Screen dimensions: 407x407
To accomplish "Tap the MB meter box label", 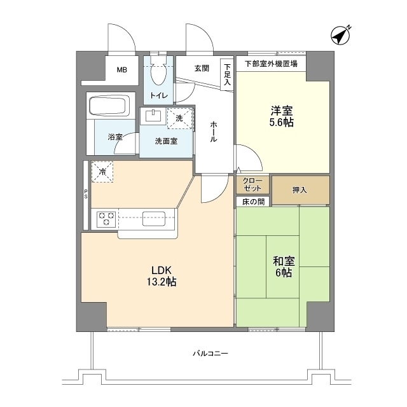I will click(120, 71).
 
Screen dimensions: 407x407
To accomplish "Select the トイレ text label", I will click(158, 96).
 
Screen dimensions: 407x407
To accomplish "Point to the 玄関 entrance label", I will click(202, 68).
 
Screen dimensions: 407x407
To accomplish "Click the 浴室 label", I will click(114, 137).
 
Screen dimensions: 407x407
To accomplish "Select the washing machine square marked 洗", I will click(179, 118).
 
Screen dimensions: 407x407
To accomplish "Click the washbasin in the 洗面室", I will click(153, 116).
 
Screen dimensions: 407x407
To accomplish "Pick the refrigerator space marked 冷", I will click(102, 170).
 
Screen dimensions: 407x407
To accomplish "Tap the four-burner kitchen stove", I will click(106, 219).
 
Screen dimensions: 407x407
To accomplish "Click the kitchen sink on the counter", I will click(155, 218).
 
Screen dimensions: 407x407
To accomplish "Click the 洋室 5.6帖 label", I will click(280, 115).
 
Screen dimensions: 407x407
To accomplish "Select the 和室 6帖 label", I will click(283, 266).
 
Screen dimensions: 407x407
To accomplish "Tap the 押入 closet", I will click(301, 190).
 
